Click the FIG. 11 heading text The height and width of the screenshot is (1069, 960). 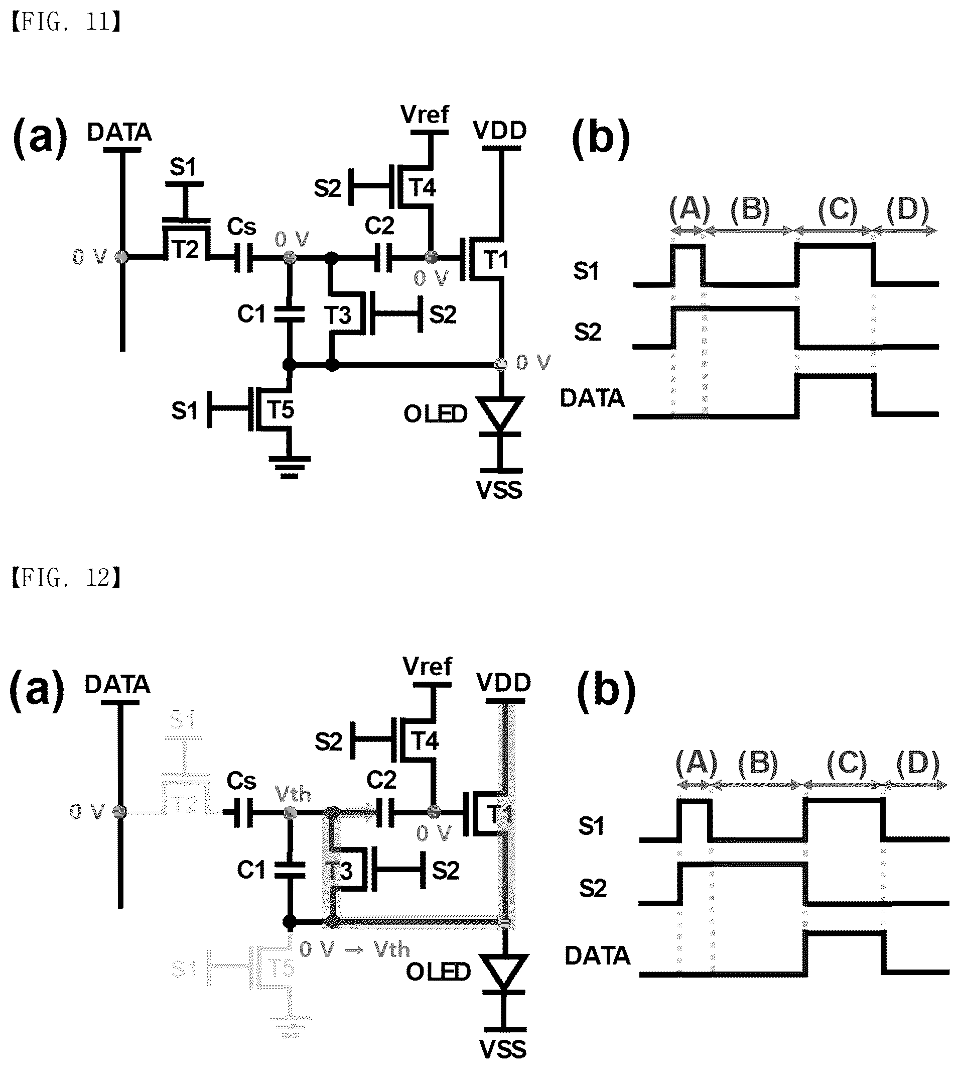pyautogui.click(x=66, y=23)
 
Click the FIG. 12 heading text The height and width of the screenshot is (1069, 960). pyautogui.click(x=66, y=578)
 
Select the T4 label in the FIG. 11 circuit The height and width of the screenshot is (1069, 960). pyautogui.click(x=423, y=187)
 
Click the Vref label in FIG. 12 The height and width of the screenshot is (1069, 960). pyautogui.click(x=427, y=666)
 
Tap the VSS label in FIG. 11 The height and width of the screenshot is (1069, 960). pyautogui.click(x=499, y=490)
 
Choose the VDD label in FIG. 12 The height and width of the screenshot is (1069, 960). pyautogui.click(x=503, y=683)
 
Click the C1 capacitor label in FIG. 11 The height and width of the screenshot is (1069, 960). pyautogui.click(x=251, y=314)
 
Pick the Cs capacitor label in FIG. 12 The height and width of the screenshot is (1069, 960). pyautogui.click(x=241, y=781)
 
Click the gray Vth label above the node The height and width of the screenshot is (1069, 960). pyautogui.click(x=293, y=795)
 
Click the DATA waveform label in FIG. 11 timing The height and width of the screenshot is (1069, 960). pyautogui.click(x=592, y=398)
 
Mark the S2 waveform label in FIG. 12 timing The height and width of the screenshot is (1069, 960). pyautogui.click(x=593, y=889)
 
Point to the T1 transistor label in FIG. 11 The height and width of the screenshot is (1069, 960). pyautogui.click(x=496, y=259)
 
